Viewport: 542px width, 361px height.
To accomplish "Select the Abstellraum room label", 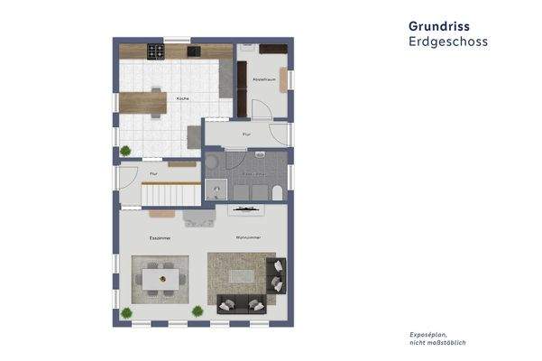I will click(x=263, y=80).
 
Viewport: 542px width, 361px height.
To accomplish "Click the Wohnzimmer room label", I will click(x=248, y=237).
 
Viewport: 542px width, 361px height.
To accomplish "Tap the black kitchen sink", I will click(x=193, y=51).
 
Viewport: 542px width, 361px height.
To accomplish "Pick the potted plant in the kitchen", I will click(x=125, y=151).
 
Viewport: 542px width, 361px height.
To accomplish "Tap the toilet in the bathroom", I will click(x=277, y=190).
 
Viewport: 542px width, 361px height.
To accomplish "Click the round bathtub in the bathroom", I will click(x=212, y=162).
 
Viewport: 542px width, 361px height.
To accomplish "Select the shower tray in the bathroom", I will click(x=214, y=190).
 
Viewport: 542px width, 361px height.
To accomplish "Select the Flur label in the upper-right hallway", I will click(x=246, y=134).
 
